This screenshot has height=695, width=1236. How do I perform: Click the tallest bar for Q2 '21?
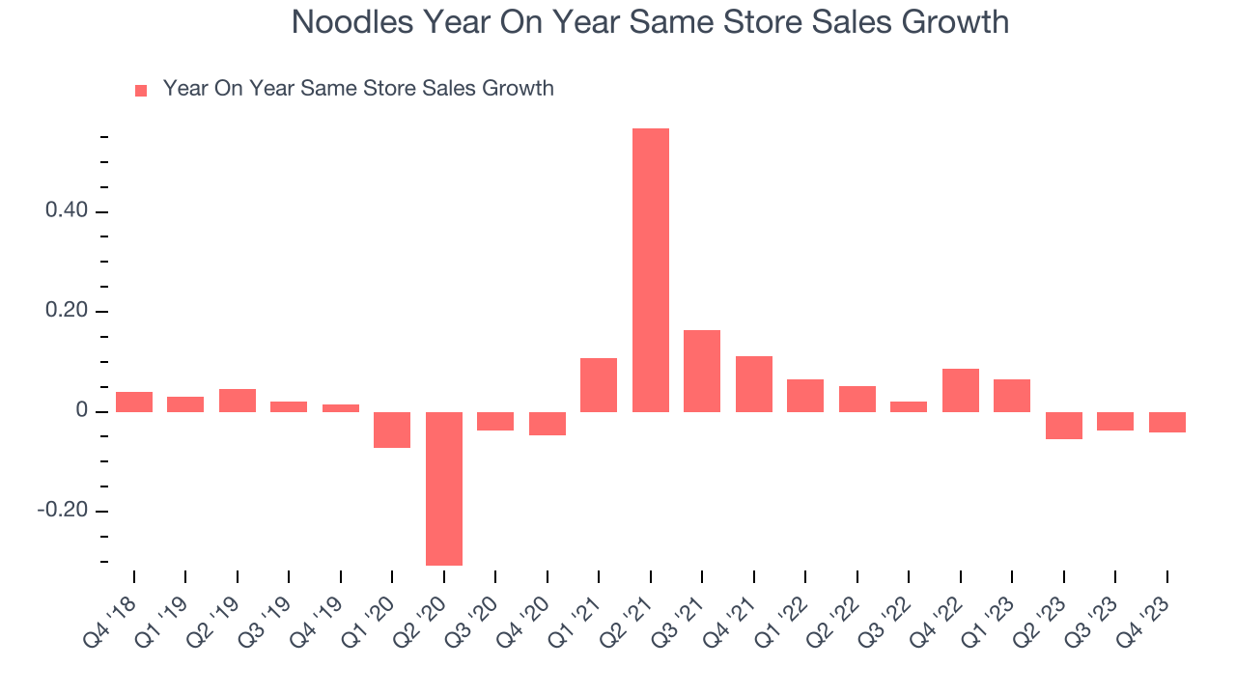[650, 270]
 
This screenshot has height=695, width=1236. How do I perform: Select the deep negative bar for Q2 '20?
[443, 488]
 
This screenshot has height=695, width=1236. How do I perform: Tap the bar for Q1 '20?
[392, 430]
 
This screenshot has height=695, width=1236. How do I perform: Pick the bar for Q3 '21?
[702, 372]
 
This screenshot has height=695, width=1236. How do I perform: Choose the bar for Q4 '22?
[960, 391]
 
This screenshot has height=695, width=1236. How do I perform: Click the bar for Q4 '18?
[133, 403]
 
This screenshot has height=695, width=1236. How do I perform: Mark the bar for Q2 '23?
[1063, 426]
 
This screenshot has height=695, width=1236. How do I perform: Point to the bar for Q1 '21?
[599, 385]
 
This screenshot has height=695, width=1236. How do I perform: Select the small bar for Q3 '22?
[909, 407]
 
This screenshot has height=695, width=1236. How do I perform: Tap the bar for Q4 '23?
[1166, 422]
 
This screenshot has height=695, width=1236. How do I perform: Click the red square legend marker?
[141, 91]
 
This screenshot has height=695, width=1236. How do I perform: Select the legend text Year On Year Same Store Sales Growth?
[358, 89]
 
